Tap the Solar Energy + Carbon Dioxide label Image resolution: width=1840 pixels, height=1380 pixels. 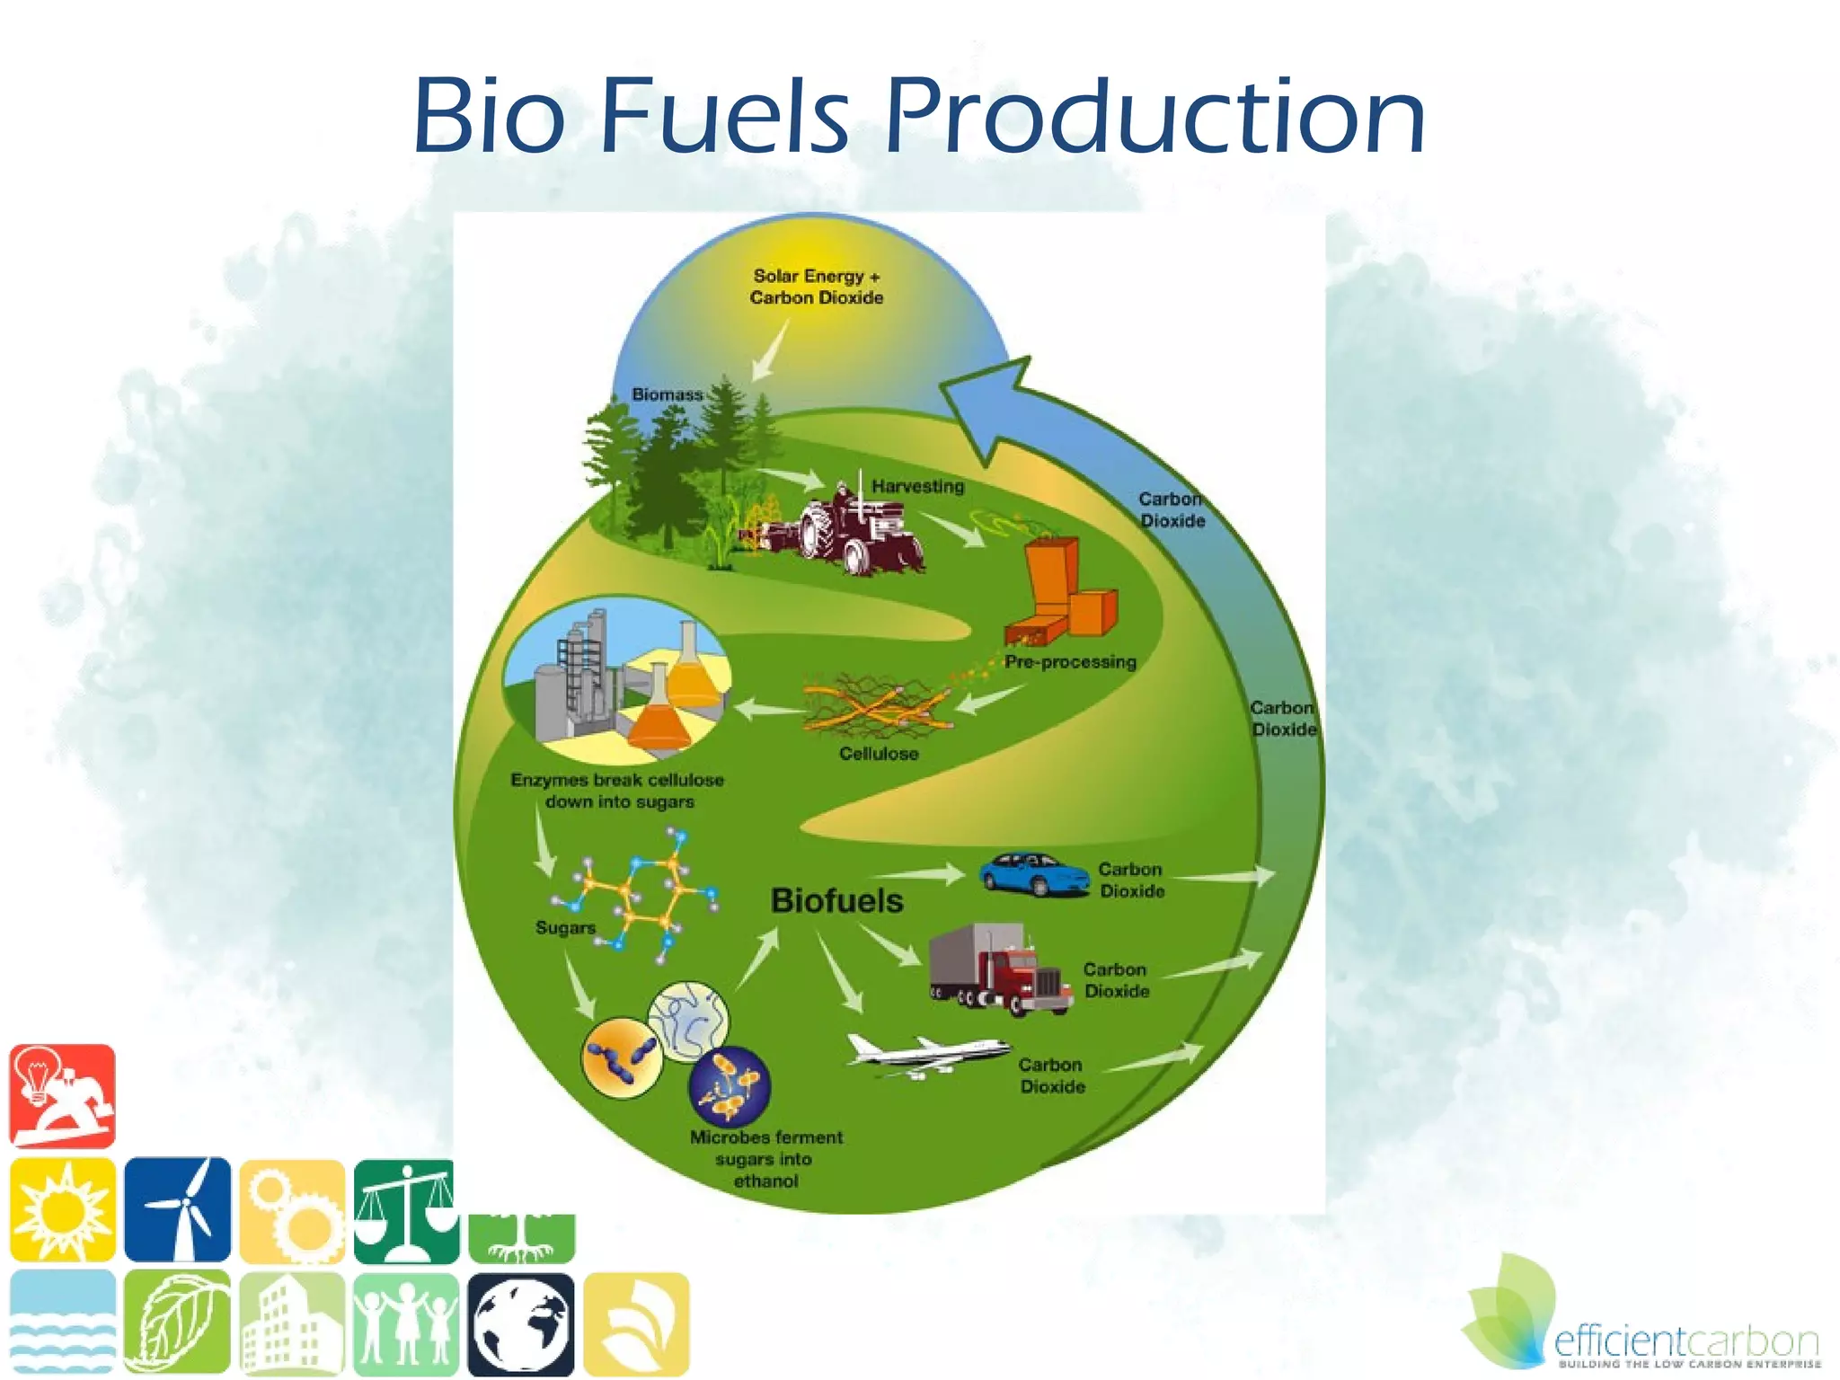pyautogui.click(x=817, y=287)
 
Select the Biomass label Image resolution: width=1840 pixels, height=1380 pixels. pyautogui.click(x=667, y=394)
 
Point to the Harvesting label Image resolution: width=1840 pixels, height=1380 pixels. pyautogui.click(x=917, y=486)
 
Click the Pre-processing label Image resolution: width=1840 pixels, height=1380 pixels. pyautogui.click(x=1070, y=662)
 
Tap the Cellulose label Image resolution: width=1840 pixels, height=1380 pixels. pyautogui.click(x=879, y=754)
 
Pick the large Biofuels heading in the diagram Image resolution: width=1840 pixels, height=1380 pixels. pyautogui.click(x=836, y=900)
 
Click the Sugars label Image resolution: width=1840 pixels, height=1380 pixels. pyautogui.click(x=565, y=927)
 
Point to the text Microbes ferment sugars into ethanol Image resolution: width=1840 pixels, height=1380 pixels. pyautogui.click(x=766, y=1159)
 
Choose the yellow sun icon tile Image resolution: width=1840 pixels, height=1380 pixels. pyautogui.click(x=63, y=1209)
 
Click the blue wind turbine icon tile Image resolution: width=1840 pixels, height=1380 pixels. pyautogui.click(x=178, y=1209)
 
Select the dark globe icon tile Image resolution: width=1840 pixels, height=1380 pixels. pyautogui.click(x=521, y=1324)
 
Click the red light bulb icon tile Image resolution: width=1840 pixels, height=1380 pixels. pyautogui.click(x=63, y=1096)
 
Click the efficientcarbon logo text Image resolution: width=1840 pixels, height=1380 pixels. pyautogui.click(x=1685, y=1342)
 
